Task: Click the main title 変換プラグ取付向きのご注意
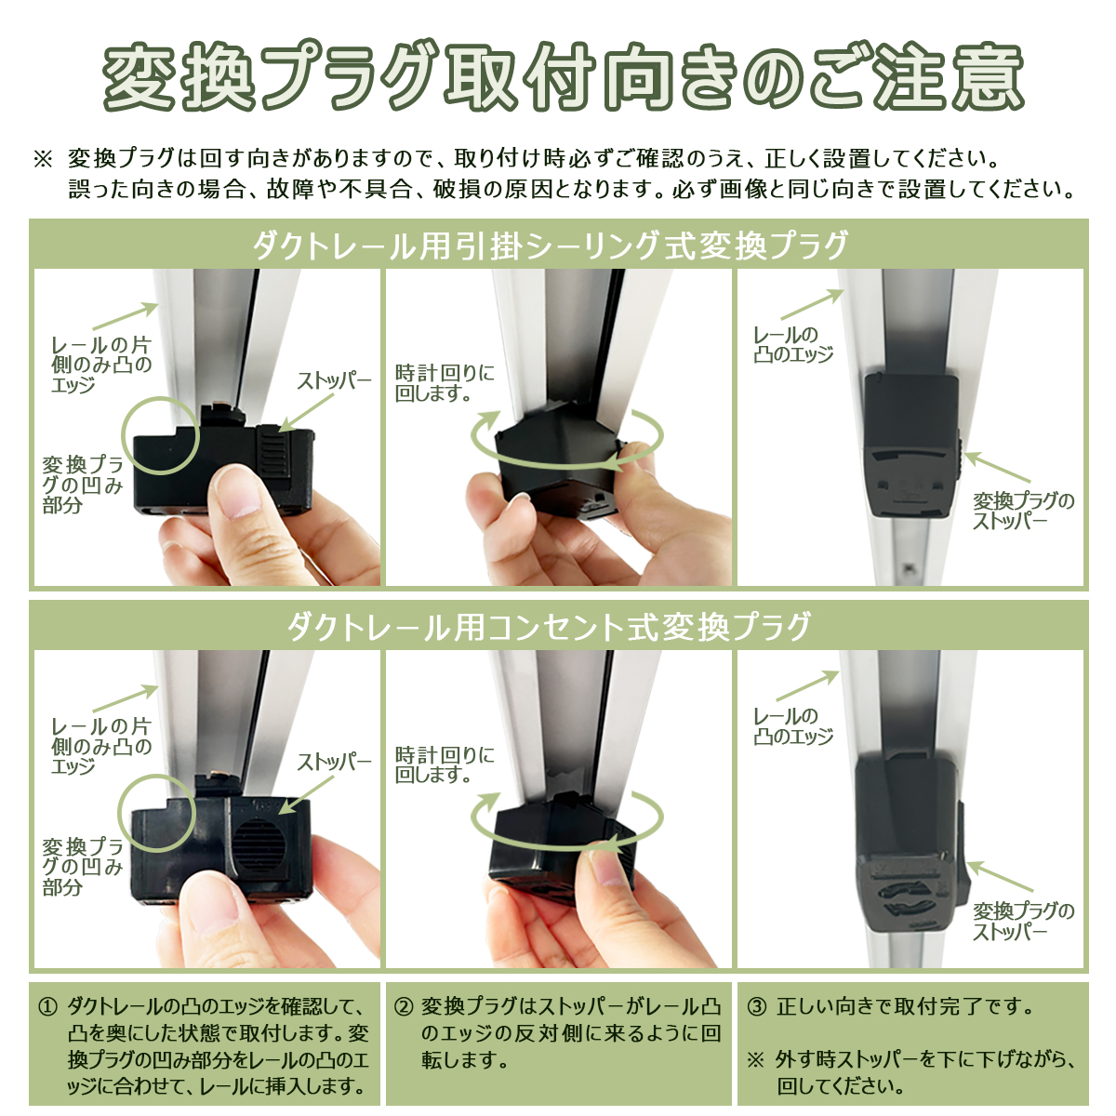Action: (563, 76)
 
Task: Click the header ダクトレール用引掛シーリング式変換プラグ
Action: (551, 246)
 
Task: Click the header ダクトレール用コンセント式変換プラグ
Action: (549, 627)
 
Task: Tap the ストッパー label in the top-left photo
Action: (334, 381)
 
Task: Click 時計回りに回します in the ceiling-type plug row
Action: (445, 383)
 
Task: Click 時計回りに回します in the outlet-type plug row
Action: (445, 764)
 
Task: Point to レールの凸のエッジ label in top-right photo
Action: (792, 344)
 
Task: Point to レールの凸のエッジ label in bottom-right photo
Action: (792, 725)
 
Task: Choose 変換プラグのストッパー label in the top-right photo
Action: (1023, 511)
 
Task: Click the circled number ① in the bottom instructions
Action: (47, 1006)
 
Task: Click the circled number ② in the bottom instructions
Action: (404, 1006)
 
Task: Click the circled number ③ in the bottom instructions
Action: (756, 1006)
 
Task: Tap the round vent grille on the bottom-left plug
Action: (259, 844)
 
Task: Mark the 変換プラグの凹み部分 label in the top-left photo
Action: (83, 485)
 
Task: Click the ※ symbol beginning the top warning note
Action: (44, 159)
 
